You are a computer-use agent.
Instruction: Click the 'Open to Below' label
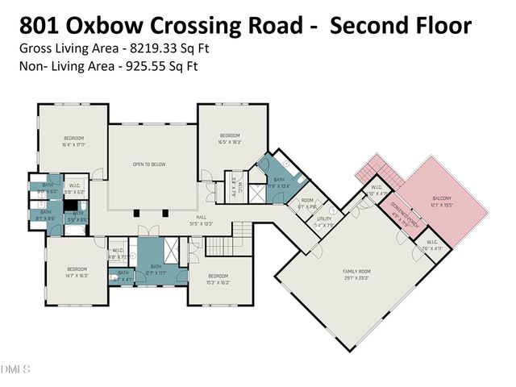[x=149, y=164]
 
